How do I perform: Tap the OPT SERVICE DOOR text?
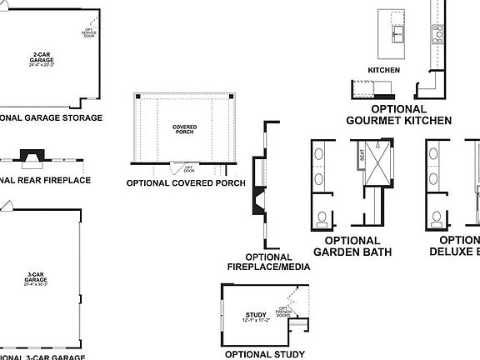coord(89,32)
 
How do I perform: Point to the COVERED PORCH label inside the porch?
coord(184,129)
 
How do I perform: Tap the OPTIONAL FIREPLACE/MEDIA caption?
coord(269,262)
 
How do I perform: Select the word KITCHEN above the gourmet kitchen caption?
coord(384,71)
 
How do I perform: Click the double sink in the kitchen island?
coord(395,32)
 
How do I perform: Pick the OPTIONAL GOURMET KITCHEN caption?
coord(398,115)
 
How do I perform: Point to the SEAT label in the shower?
coord(362,154)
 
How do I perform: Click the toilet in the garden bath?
coord(322,218)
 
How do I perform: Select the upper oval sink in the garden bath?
coord(322,155)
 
